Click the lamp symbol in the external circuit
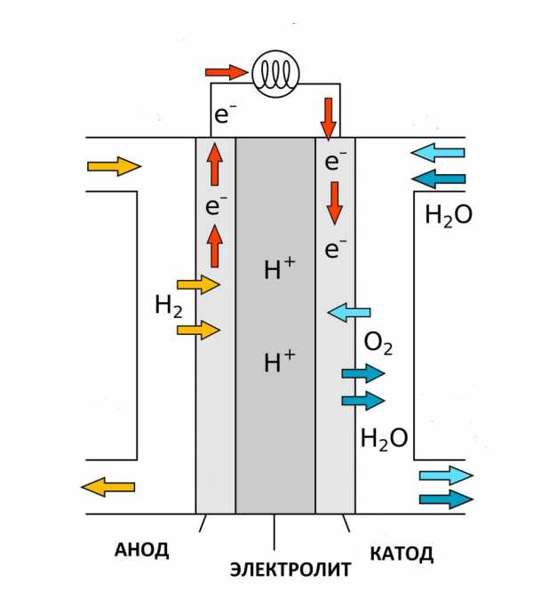[x=275, y=75]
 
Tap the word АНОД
[x=141, y=550]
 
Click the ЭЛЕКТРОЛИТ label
[x=290, y=570]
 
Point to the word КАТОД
[x=402, y=554]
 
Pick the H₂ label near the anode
[x=169, y=307]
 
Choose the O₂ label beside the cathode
[x=378, y=343]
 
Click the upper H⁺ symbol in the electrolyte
[x=280, y=269]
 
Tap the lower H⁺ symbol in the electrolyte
[x=280, y=361]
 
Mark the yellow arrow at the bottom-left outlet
[x=107, y=487]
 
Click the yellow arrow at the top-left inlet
[x=115, y=166]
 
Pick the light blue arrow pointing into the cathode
[x=349, y=313]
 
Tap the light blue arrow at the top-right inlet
[x=438, y=153]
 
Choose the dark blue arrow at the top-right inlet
[x=438, y=179]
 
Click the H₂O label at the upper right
[x=449, y=216]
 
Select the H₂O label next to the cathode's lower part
[x=384, y=439]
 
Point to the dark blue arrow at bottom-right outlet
[x=446, y=499]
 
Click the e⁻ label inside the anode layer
[x=216, y=205]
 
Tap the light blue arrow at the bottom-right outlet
[x=446, y=475]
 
